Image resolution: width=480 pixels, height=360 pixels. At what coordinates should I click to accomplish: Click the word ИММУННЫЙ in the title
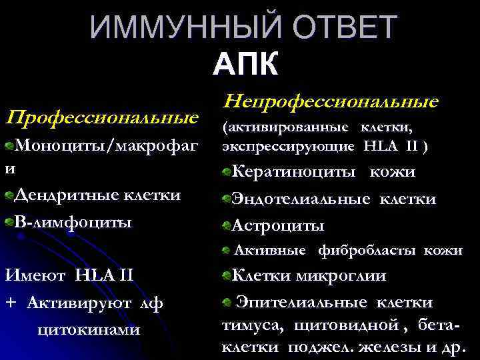[174, 28]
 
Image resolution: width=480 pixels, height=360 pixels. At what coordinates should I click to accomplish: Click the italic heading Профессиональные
[101, 119]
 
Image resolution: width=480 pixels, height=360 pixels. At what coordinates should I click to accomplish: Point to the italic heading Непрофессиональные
[331, 101]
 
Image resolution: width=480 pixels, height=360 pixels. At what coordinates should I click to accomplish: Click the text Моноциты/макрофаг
[107, 147]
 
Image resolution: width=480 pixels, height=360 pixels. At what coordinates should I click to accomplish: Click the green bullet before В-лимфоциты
[9, 221]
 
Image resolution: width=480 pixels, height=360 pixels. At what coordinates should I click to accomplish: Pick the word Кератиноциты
[293, 172]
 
